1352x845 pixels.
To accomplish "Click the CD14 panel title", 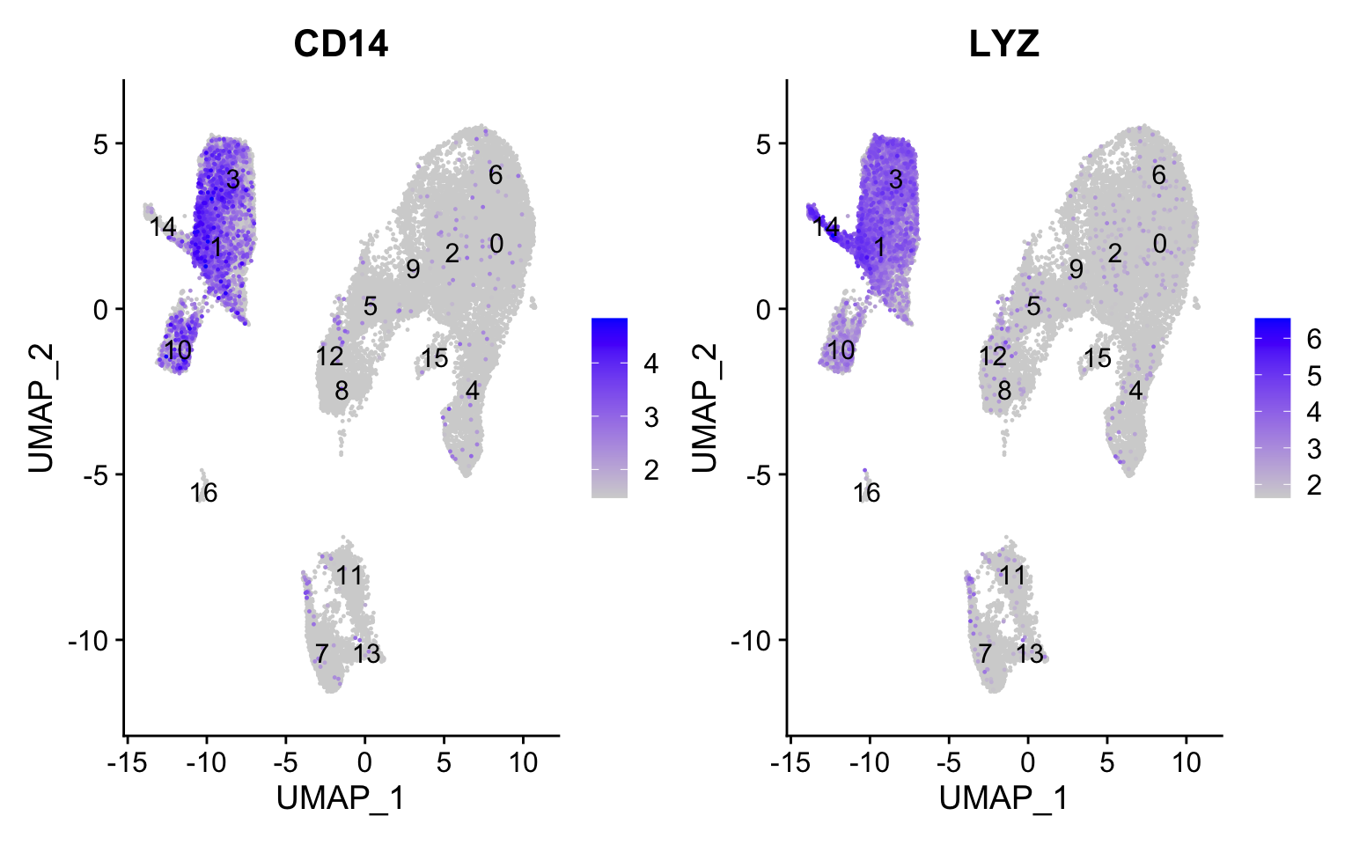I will (341, 43).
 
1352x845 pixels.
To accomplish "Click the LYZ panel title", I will (1003, 43).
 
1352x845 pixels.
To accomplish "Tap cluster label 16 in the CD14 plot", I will (203, 493).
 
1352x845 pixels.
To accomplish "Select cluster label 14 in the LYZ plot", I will (826, 227).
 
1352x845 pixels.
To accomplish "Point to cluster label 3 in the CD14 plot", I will (232, 180).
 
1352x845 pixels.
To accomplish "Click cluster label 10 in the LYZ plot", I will (841, 350).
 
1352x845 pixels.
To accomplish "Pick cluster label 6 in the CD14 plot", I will (496, 175).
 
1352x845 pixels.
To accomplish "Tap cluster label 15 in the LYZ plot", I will (1097, 358).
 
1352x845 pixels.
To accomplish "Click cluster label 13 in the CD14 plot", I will (367, 653).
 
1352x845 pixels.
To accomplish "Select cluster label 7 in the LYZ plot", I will (984, 653).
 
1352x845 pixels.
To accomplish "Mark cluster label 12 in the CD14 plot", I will (330, 356).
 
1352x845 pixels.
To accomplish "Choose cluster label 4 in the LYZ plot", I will (1135, 390).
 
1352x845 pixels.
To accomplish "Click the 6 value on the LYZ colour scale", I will (1313, 338).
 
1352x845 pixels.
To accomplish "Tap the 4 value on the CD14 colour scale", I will (650, 363).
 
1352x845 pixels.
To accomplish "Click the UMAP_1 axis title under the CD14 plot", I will (341, 798).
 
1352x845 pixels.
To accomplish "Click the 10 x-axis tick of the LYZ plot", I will (1186, 761).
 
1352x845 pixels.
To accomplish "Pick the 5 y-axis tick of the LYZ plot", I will (765, 143).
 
